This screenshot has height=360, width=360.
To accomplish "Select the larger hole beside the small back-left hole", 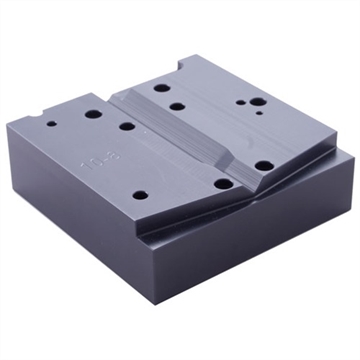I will click(92, 114).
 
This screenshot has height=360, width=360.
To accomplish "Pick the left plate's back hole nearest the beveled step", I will click(127, 126).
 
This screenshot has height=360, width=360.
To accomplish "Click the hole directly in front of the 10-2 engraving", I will click(140, 194).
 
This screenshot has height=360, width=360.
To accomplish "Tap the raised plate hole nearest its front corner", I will click(264, 166).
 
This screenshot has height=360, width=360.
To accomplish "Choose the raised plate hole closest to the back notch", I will click(162, 88).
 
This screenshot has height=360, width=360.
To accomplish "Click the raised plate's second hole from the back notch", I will click(177, 105).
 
